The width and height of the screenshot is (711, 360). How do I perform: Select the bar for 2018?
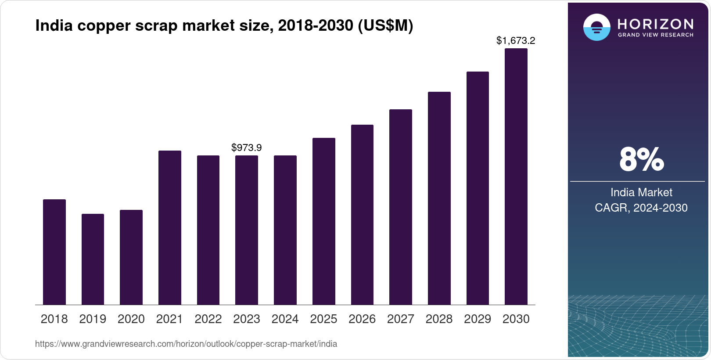(x=54, y=252)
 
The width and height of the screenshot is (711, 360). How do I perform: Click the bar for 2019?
(x=93, y=259)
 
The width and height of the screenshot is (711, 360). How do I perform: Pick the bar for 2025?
(x=323, y=221)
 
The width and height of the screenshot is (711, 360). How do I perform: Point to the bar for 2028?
(x=439, y=198)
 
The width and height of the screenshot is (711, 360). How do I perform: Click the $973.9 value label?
(x=246, y=148)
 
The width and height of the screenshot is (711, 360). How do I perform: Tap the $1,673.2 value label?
(x=515, y=40)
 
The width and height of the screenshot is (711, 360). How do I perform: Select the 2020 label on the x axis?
(x=131, y=319)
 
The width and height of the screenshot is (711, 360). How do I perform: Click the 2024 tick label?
(x=285, y=319)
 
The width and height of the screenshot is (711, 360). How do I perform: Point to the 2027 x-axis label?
(x=400, y=319)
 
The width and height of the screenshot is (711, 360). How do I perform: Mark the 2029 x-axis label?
(x=477, y=319)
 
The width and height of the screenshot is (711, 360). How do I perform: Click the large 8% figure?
(x=641, y=159)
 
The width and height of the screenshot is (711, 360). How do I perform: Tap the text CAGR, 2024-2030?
(x=641, y=208)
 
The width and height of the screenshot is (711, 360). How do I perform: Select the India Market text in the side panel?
(x=641, y=192)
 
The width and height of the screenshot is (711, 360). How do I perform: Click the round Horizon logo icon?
(x=596, y=27)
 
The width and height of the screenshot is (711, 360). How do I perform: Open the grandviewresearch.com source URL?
(x=186, y=344)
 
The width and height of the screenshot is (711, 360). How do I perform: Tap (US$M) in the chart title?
(x=385, y=25)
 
